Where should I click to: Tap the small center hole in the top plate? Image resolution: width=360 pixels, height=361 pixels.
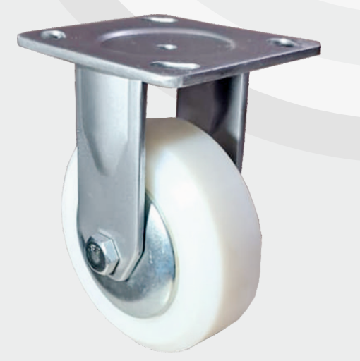click(167, 47)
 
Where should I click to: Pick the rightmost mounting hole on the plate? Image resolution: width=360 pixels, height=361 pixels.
click(284, 44)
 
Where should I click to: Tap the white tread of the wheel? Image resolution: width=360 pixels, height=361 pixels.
click(226, 233)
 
